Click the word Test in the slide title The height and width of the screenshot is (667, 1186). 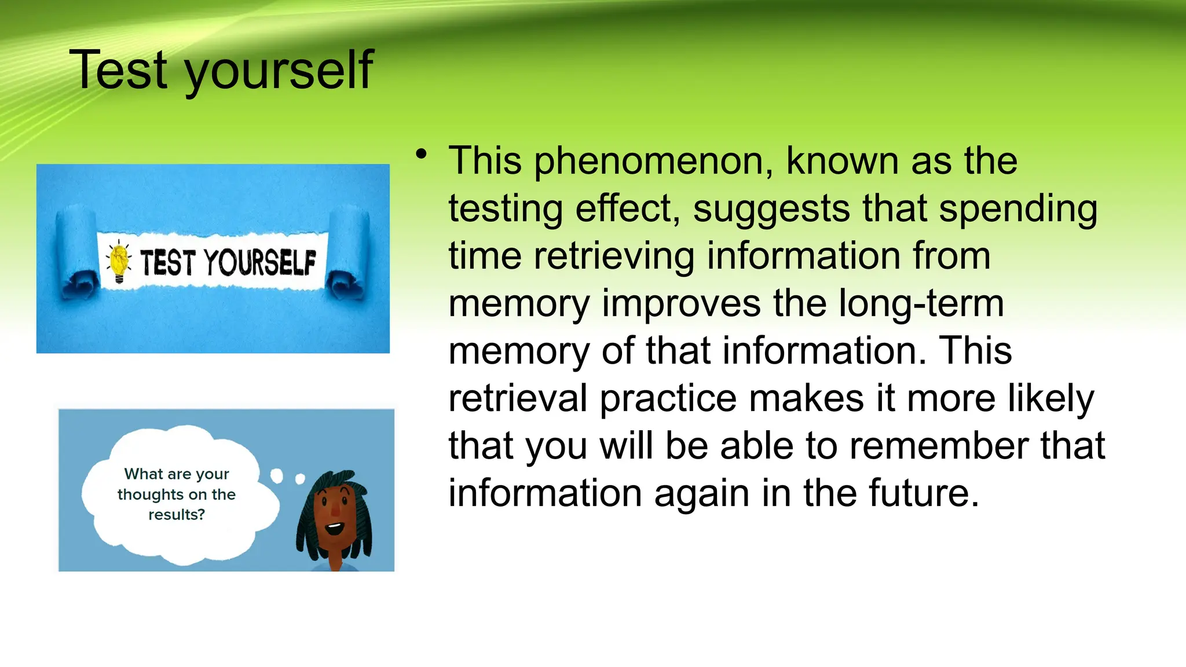118,71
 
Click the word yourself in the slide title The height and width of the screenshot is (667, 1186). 278,72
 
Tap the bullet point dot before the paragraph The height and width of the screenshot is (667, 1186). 422,154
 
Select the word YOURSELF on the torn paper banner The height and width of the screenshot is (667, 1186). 261,263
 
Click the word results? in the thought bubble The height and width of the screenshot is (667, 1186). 177,515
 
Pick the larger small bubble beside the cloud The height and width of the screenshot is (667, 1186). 277,476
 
